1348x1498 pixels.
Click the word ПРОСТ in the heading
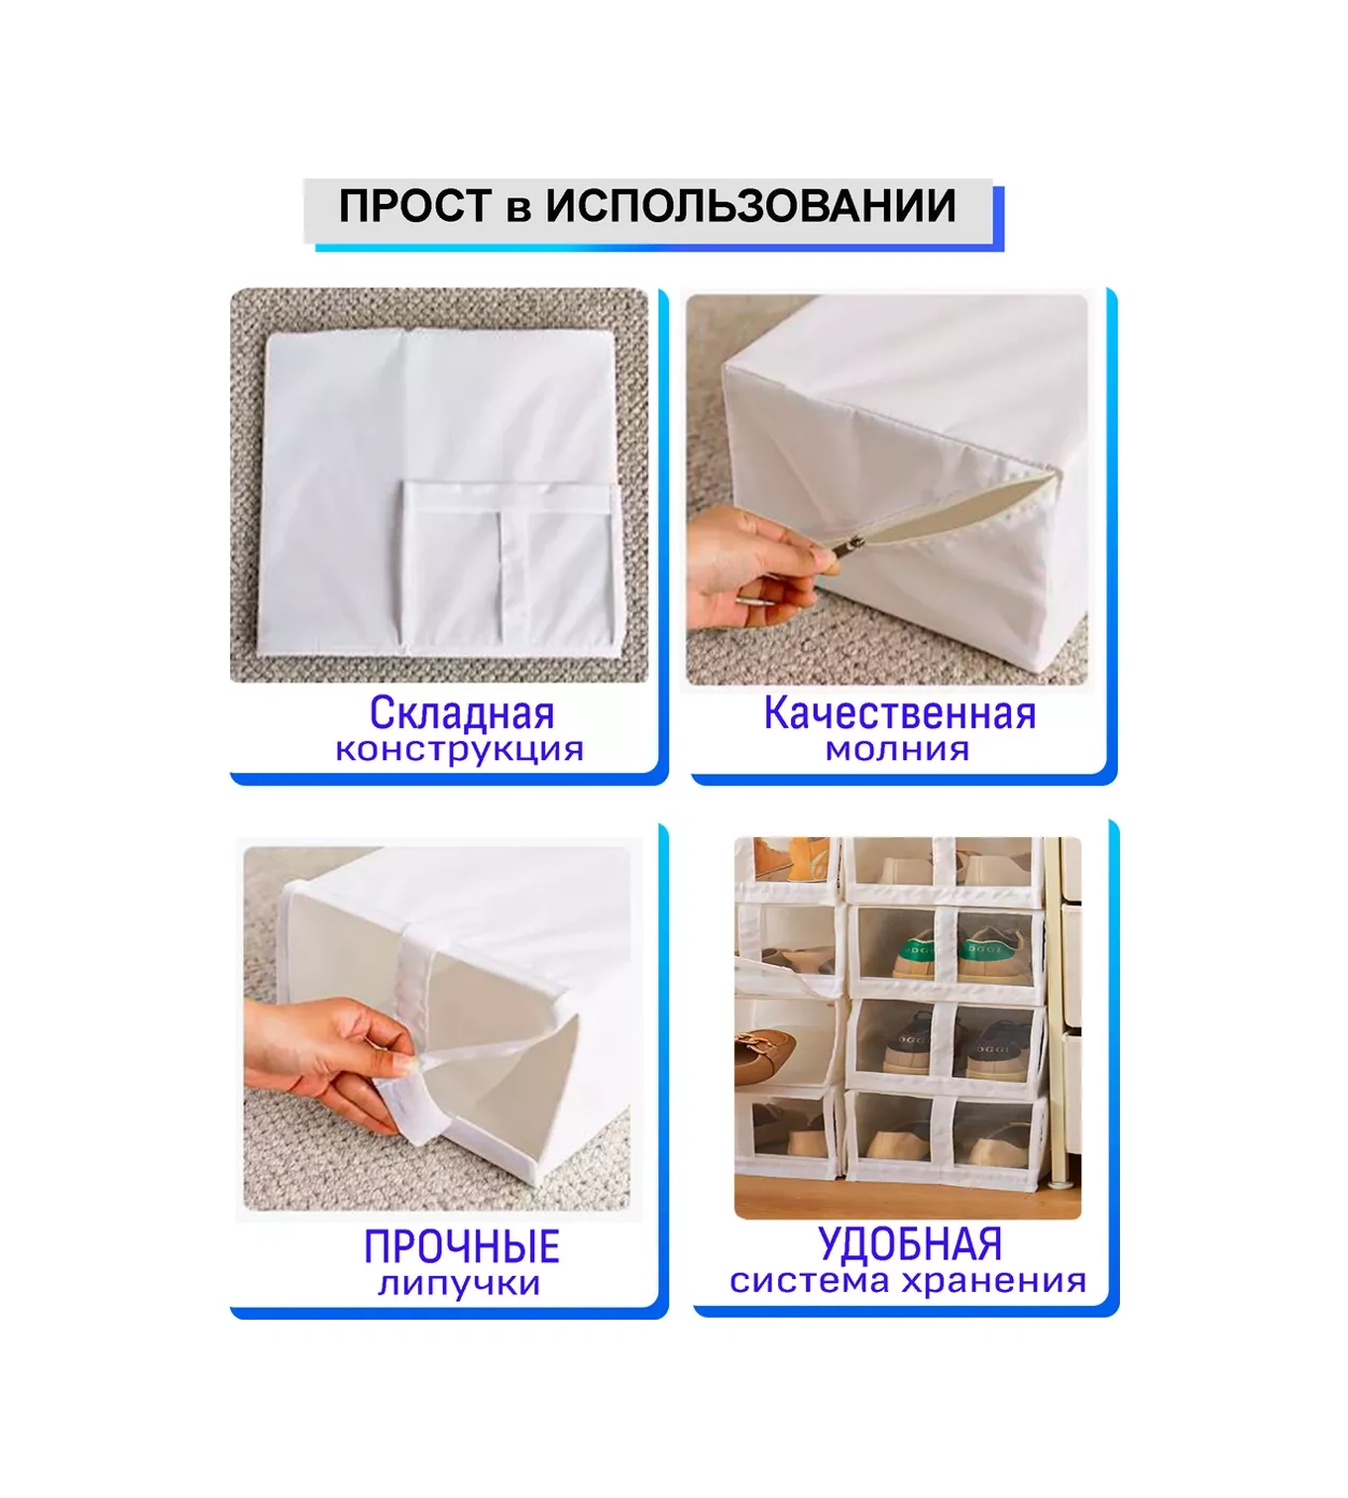[415, 207]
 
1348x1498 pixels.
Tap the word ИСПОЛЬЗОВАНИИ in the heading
[750, 207]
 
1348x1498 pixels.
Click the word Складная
[462, 713]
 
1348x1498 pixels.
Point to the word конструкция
[459, 750]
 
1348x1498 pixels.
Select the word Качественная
[899, 713]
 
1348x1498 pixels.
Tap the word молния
[897, 750]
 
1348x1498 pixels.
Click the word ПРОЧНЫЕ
[462, 1246]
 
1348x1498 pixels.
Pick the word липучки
[459, 1284]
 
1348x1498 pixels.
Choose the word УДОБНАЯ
[910, 1244]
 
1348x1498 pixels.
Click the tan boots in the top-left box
[788, 858]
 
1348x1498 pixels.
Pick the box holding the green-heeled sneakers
[946, 951]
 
